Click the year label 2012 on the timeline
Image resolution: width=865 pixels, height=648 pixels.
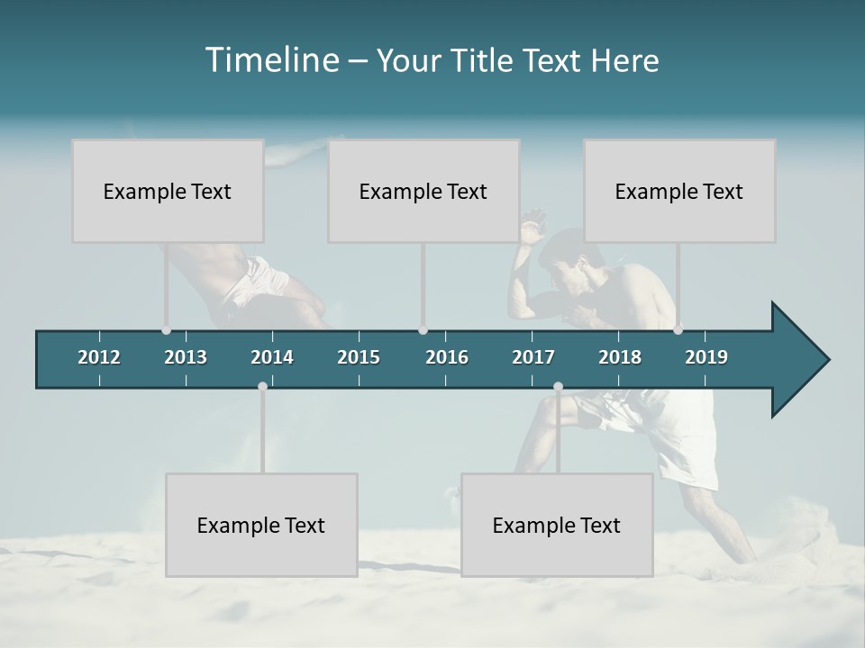coord(99,357)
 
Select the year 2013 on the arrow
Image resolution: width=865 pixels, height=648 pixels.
coord(186,357)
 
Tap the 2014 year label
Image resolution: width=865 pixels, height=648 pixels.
coord(272,357)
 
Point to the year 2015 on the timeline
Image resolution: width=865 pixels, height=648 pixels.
coord(359,357)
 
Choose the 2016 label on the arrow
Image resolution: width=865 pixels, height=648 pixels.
coord(447,357)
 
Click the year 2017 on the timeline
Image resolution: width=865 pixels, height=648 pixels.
coord(533,357)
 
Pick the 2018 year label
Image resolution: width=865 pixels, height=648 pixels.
coord(620,357)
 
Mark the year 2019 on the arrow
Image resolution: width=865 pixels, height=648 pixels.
coord(706,357)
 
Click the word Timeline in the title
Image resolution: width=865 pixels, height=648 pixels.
coord(270,60)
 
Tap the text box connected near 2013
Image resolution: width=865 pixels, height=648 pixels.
coord(168,191)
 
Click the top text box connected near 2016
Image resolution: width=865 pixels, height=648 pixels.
coord(423,191)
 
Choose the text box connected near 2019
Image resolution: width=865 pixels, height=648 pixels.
coord(679,191)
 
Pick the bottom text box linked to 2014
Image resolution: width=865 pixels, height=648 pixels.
coord(261,525)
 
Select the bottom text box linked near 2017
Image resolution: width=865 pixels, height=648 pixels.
coord(557,525)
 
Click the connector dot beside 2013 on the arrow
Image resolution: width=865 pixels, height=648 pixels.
coord(167,330)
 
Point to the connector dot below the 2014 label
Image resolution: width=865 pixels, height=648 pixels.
coord(262,386)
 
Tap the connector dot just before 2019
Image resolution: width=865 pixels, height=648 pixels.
coord(678,329)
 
